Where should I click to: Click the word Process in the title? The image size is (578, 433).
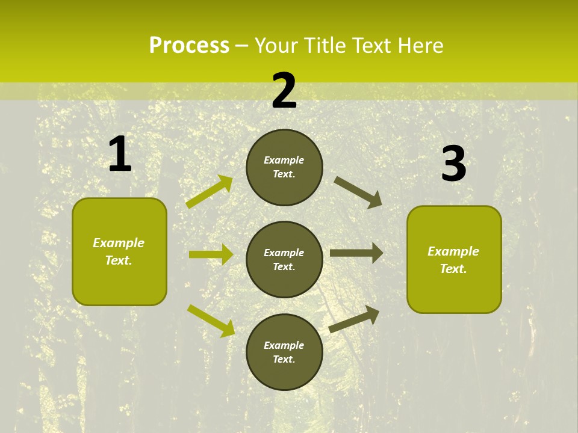point(189,45)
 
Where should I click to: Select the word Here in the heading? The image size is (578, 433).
point(420,45)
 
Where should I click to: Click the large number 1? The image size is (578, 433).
point(120,155)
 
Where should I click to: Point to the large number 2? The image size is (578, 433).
point(284,91)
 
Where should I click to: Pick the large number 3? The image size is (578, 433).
point(453,164)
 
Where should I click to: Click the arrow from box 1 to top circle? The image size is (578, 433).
point(209,192)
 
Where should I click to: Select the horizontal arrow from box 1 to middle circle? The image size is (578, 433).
point(211,254)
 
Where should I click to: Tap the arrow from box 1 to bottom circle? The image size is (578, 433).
point(211,320)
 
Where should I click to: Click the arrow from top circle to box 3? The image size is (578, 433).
point(358,192)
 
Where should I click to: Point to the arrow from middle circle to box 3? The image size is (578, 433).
point(356,253)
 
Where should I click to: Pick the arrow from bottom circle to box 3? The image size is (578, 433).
point(354,319)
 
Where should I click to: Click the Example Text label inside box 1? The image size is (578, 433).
point(119,251)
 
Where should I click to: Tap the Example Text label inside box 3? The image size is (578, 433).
point(453,260)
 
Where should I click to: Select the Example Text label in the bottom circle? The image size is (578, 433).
point(284,352)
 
